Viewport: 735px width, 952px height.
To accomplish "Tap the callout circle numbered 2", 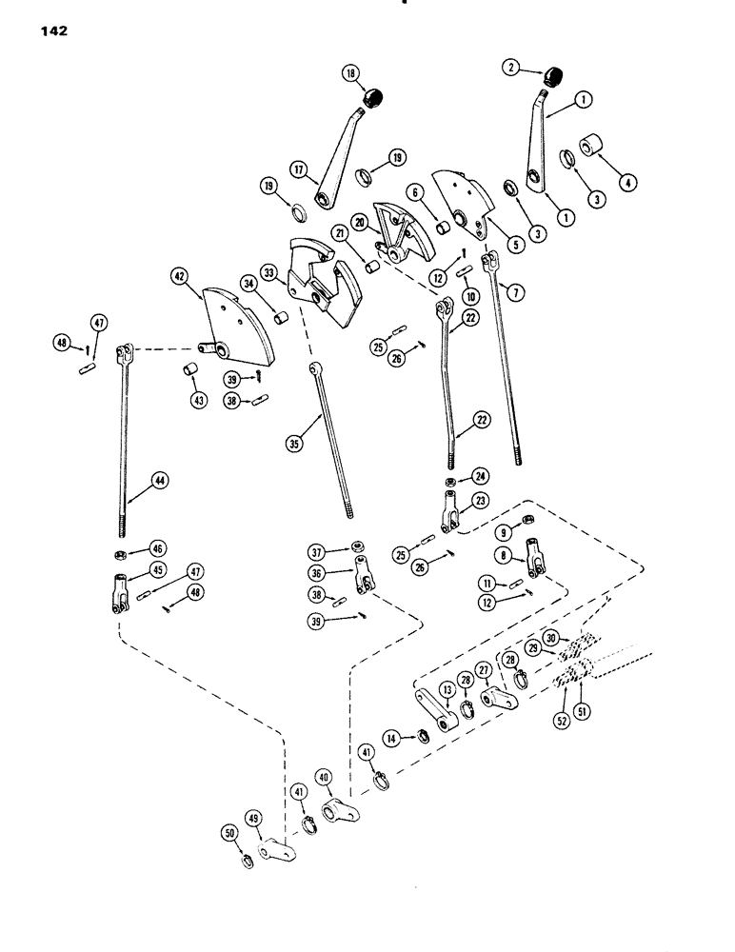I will [513, 69].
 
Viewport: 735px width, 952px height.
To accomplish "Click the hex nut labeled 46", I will [123, 549].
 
